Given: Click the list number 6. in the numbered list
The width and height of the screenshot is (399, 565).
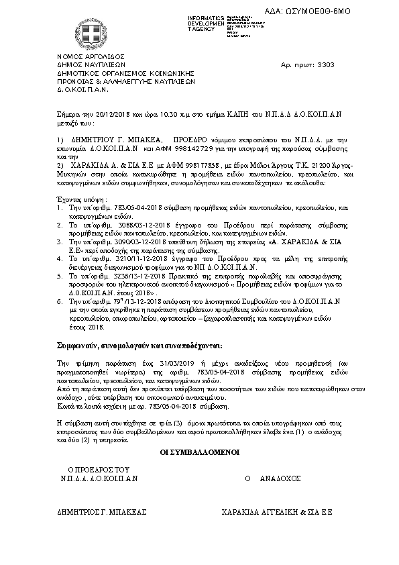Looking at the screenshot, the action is click(x=60, y=302).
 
